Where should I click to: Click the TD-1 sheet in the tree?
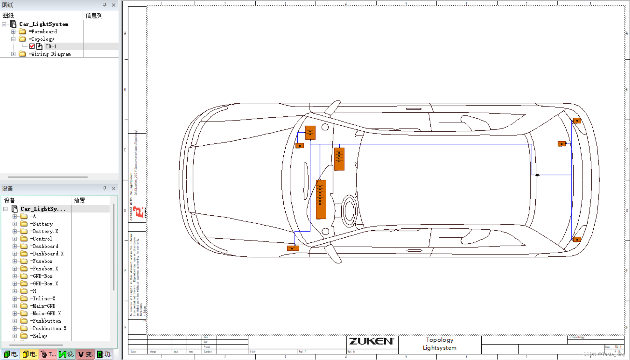[51, 46]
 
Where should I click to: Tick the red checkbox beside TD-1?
[32, 46]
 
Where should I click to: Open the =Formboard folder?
[43, 31]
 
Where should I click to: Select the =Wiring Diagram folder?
[49, 54]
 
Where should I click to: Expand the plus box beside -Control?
[15, 239]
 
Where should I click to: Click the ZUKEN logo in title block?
[371, 341]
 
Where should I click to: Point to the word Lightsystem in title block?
[439, 348]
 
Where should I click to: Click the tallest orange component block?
[321, 199]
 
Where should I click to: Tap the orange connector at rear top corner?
[577, 120]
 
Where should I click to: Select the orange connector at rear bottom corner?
[577, 239]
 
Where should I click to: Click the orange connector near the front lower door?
[293, 248]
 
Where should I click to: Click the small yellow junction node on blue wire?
[537, 175]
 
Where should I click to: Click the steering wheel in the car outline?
[349, 211]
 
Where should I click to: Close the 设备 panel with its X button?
[114, 188]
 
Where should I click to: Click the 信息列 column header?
[94, 16]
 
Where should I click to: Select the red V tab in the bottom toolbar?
[85, 354]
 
